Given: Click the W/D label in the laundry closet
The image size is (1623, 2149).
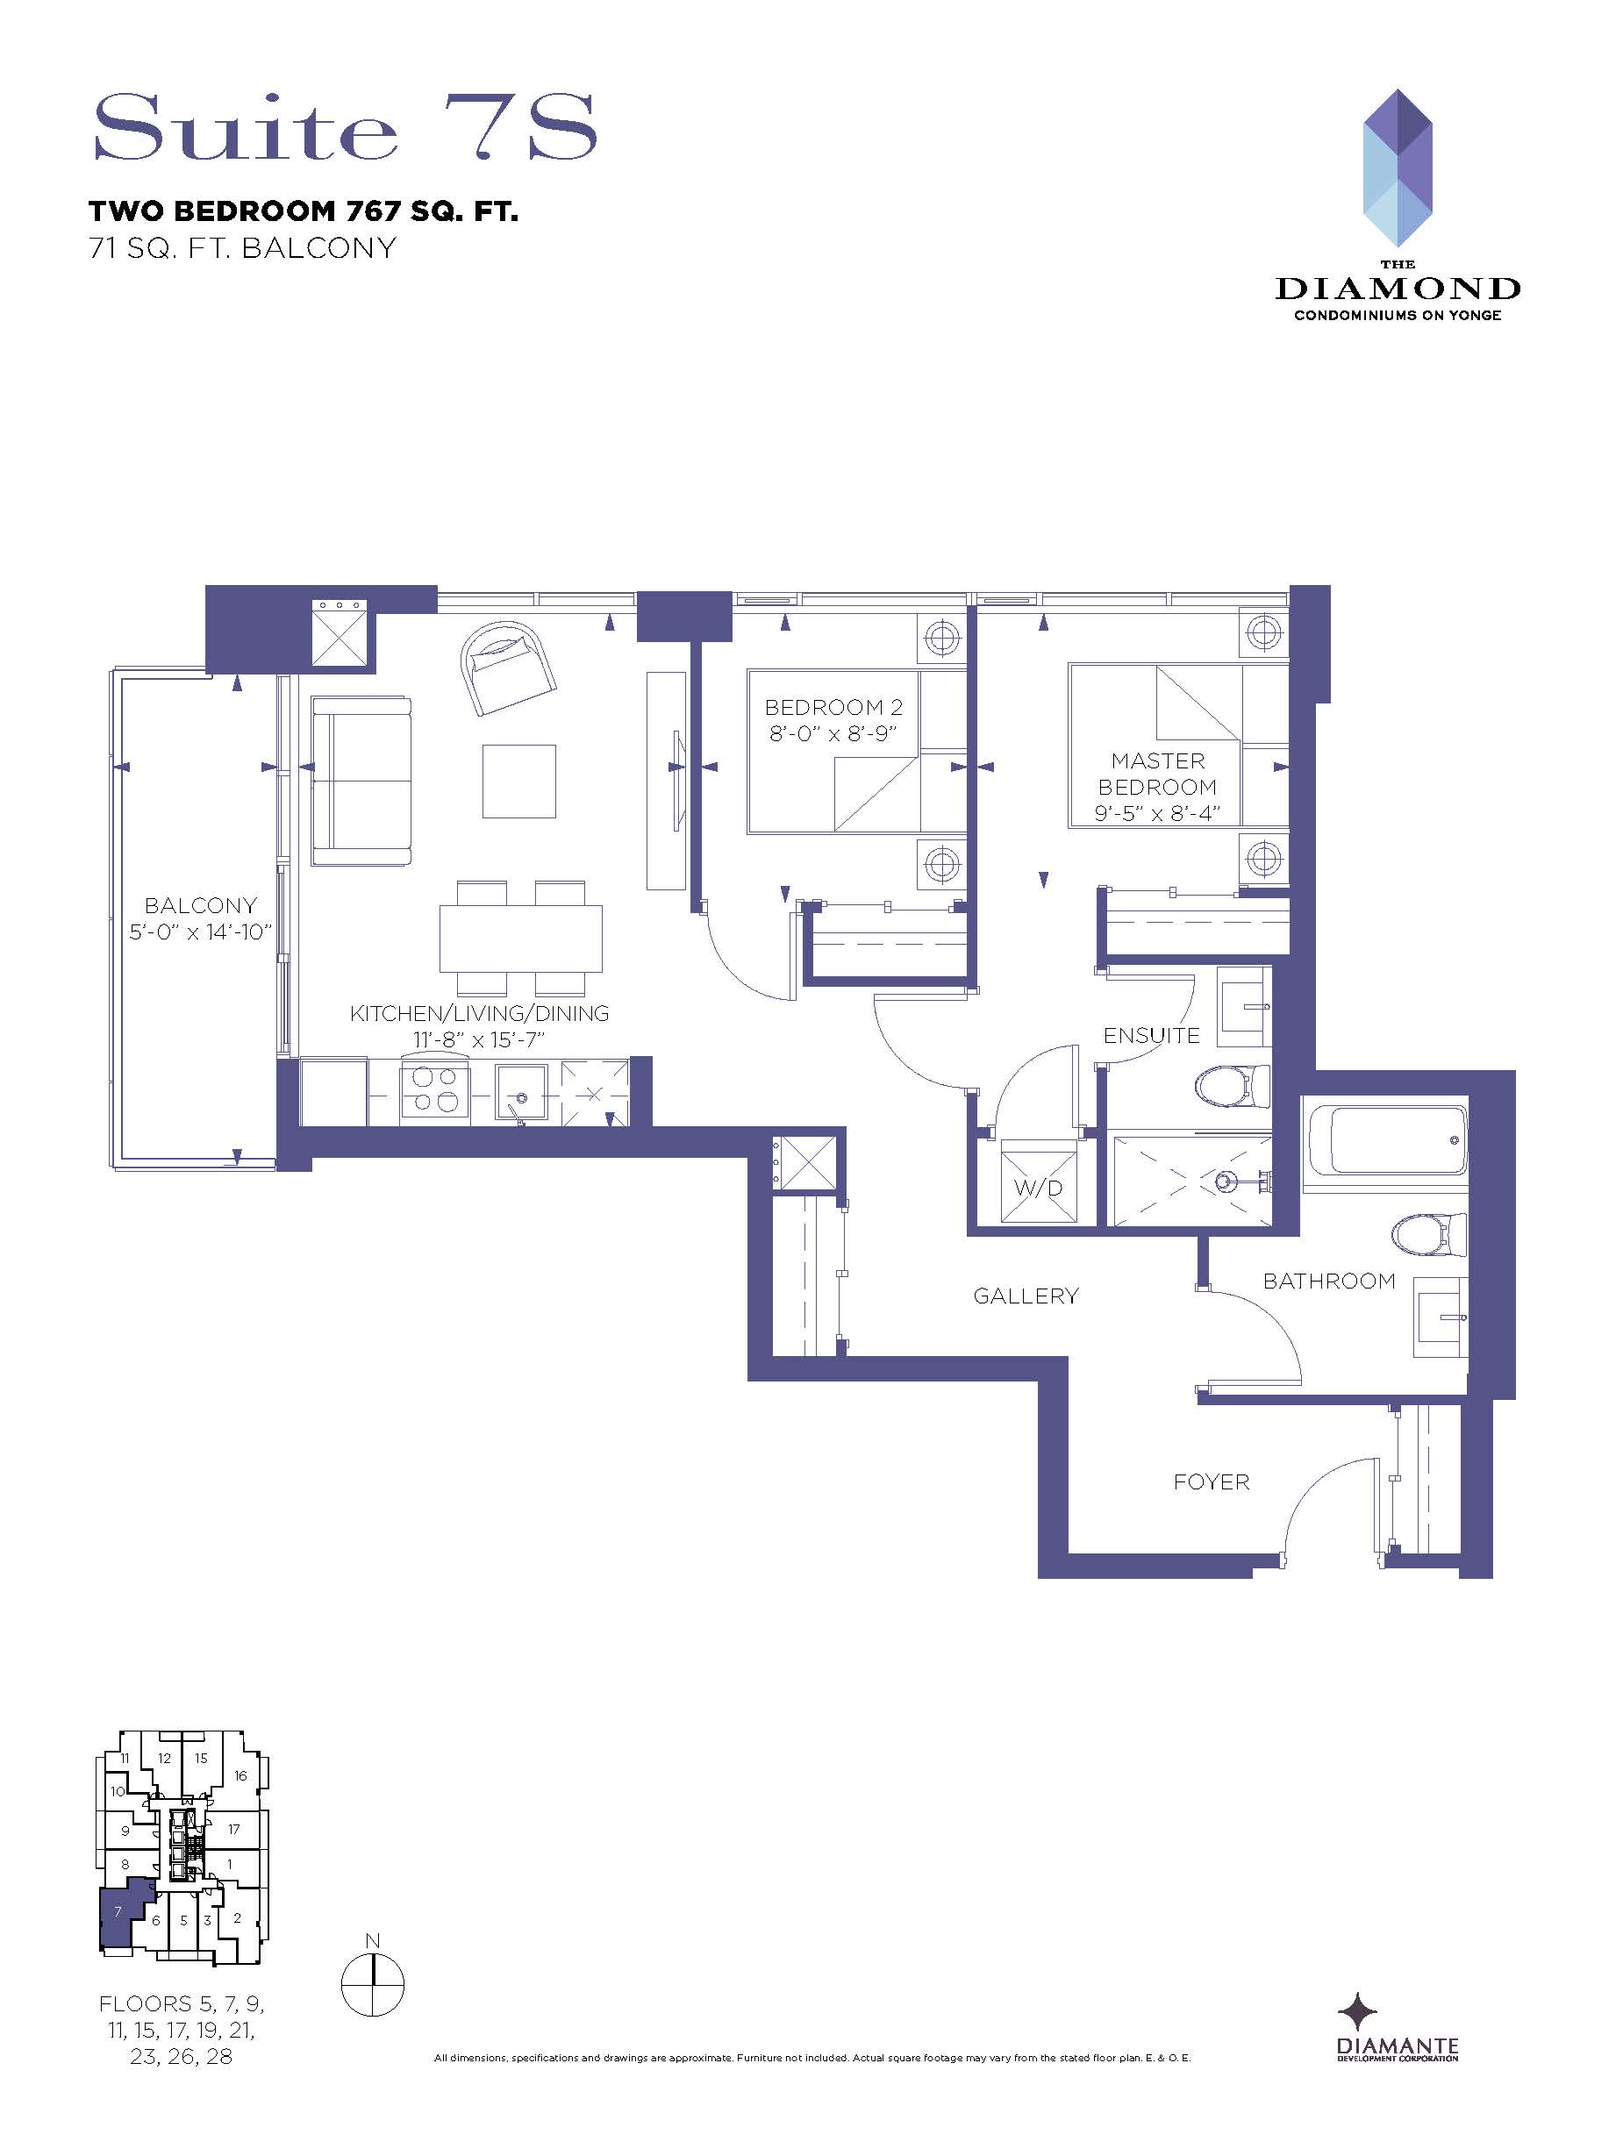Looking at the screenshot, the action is (1038, 1187).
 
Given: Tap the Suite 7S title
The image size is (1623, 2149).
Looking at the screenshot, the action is (344, 127).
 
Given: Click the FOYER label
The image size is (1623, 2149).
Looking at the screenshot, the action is (1211, 1481).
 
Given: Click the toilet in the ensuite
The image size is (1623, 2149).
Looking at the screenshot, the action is (1233, 1085).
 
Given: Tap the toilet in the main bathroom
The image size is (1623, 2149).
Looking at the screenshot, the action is (1428, 1235).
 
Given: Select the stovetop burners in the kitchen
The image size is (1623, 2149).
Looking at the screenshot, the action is (431, 1089).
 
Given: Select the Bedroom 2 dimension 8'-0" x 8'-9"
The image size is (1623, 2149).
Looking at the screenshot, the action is (833, 733).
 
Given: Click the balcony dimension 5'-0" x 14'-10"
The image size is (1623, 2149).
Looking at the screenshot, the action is (200, 932).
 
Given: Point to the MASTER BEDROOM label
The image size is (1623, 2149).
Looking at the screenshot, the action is (1157, 774).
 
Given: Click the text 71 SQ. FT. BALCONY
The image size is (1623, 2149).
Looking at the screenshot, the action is (242, 249).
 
